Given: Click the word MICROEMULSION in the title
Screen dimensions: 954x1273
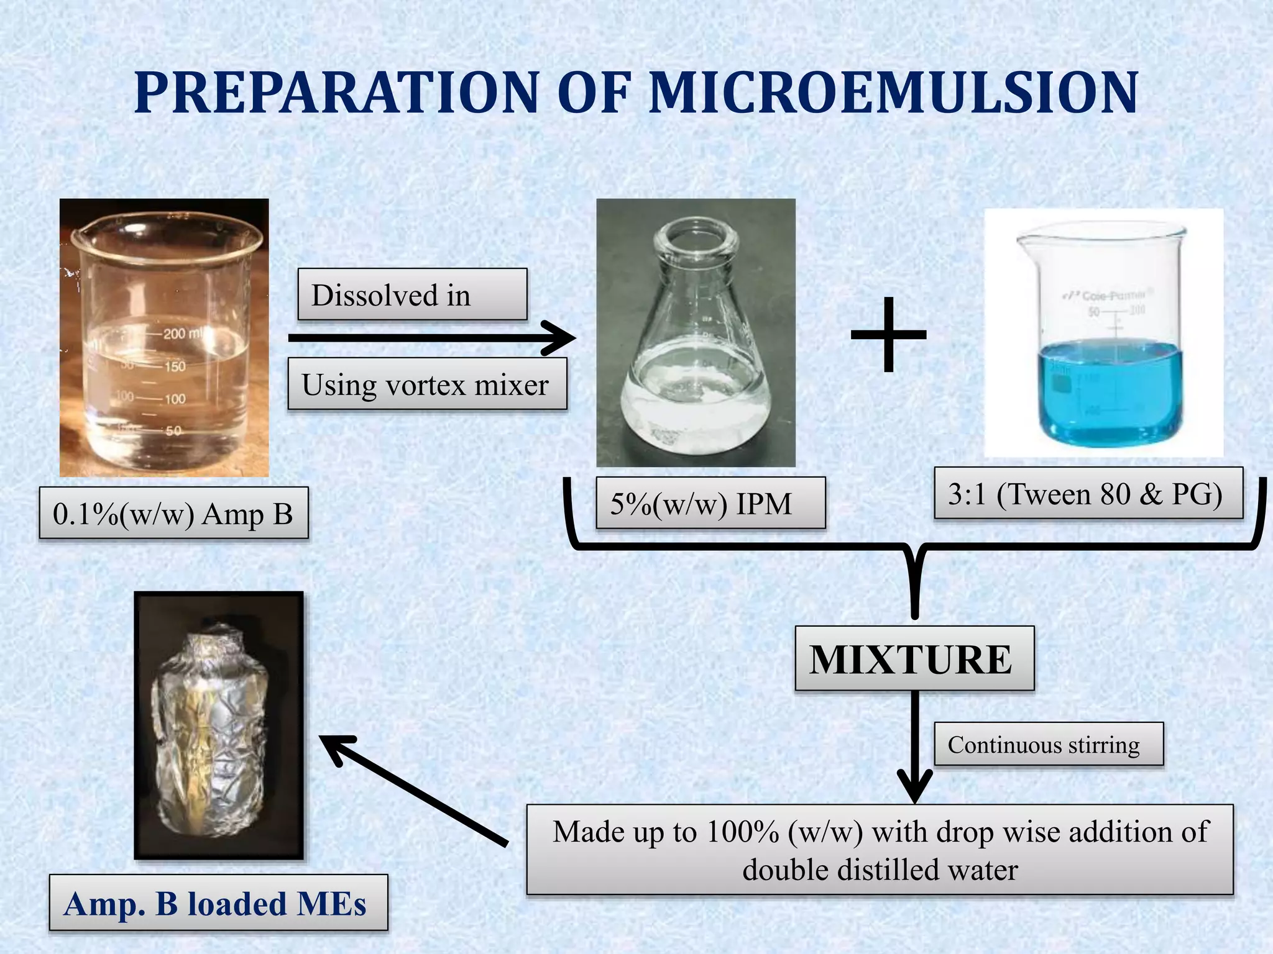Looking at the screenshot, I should pyautogui.click(x=893, y=93).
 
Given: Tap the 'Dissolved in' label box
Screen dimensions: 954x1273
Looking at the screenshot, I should pyautogui.click(x=411, y=295).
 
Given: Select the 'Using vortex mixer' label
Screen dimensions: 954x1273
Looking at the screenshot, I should pyautogui.click(x=426, y=384).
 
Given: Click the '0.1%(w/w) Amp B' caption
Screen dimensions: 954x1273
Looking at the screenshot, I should pyautogui.click(x=173, y=514).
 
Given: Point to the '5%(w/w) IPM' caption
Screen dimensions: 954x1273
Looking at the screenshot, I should pyautogui.click(x=710, y=503).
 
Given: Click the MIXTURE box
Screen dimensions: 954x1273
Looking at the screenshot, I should pyautogui.click(x=914, y=659).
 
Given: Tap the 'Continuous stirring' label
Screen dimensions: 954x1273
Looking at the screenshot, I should pyautogui.click(x=1048, y=744).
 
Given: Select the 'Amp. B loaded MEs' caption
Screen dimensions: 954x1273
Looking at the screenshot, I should pyautogui.click(x=218, y=904).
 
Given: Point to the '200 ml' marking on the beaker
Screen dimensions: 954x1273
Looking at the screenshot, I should pyautogui.click(x=183, y=334).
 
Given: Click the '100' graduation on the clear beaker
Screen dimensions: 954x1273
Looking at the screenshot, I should pyautogui.click(x=175, y=398).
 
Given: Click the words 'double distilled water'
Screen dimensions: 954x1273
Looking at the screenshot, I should pyautogui.click(x=880, y=870).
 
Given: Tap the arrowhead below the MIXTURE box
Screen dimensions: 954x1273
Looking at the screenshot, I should pyautogui.click(x=915, y=787).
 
